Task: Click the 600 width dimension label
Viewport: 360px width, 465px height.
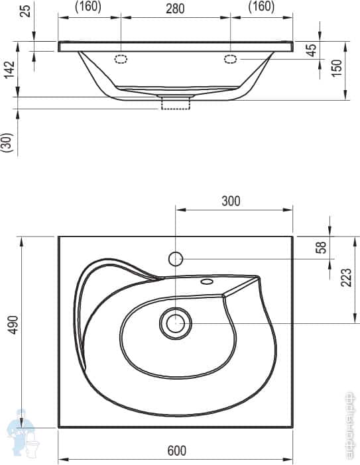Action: coord(176,450)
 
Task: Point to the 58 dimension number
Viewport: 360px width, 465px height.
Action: coord(321,246)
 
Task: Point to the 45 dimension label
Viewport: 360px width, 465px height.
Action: coord(312,52)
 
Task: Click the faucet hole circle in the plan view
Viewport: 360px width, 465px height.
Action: coord(175,258)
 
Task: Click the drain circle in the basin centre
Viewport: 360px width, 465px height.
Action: coord(175,323)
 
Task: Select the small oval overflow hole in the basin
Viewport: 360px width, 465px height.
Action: coord(206,282)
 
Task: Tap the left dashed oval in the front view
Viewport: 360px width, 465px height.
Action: coord(121,58)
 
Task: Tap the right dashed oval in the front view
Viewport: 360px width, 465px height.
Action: coord(231,58)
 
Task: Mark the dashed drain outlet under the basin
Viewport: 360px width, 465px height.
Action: coord(176,103)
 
